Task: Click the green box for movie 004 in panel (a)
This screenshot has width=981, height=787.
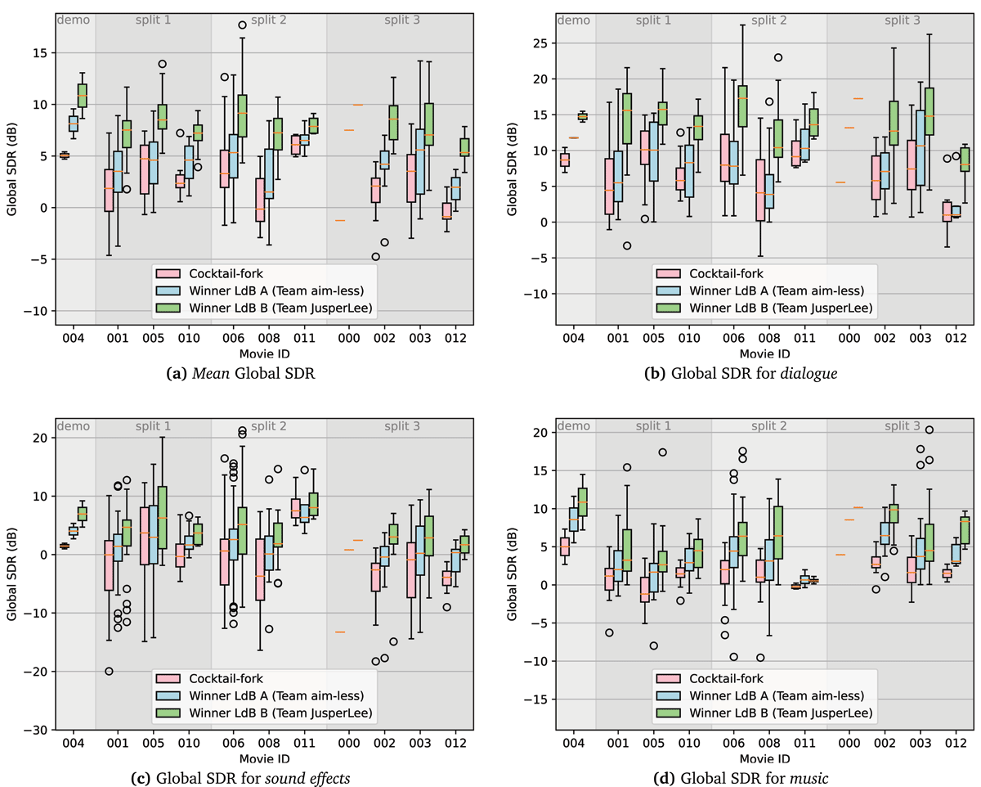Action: click(x=82, y=96)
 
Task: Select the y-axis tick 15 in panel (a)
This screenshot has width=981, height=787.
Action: click(x=39, y=53)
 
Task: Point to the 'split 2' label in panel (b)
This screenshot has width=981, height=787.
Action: click(x=768, y=19)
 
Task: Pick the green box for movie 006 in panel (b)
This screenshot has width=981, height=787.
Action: click(x=742, y=106)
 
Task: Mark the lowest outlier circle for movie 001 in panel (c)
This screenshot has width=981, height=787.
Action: click(x=109, y=671)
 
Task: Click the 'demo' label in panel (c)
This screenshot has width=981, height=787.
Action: click(x=74, y=426)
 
